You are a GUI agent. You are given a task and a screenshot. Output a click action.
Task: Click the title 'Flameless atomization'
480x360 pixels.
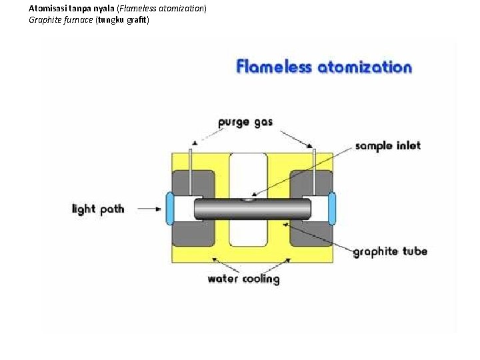tap(324, 67)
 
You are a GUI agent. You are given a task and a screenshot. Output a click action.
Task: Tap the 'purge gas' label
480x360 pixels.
tap(245, 123)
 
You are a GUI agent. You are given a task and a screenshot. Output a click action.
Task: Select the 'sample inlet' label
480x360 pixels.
tap(387, 145)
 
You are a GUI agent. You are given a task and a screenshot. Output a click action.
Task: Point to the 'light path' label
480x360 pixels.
tap(98, 209)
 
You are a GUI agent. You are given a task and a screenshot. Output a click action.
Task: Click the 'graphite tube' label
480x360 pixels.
tap(389, 251)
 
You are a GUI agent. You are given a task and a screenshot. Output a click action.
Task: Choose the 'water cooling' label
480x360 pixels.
tap(243, 279)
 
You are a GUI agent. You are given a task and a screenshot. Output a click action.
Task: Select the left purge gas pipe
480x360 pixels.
tap(191, 171)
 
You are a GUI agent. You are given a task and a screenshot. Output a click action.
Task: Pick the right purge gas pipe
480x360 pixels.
tap(314, 171)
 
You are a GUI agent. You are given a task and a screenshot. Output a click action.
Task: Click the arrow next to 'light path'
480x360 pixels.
tap(151, 209)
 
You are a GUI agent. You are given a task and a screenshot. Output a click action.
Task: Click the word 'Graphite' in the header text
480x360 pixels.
tap(44, 20)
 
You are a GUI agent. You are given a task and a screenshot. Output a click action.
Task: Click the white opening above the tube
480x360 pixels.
tap(248, 173)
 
